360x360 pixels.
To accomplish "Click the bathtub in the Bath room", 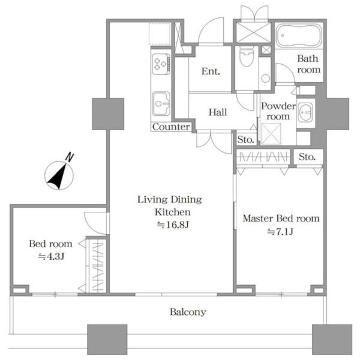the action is point(299,35).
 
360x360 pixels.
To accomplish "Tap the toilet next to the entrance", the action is point(246,56).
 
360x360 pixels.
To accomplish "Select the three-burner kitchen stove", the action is point(161,64).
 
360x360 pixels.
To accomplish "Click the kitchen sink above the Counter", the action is point(161,104).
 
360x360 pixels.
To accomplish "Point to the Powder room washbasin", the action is point(305,112).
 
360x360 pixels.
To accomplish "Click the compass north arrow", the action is point(58,176).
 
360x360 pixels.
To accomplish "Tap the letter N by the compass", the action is point(70,157).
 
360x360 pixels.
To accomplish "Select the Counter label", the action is point(171,127).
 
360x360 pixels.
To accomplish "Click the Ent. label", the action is point(211,71).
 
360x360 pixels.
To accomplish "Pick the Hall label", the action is point(218,112).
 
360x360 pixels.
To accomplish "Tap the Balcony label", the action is point(188,312).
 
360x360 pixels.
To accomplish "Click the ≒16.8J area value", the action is point(173,224).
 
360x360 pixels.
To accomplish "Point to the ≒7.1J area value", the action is point(280,232).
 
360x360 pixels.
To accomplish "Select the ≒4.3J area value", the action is point(51,256).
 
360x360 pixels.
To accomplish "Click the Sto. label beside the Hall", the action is point(245,139).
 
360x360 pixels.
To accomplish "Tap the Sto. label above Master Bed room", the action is point(307,157).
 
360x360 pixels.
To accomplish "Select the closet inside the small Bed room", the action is point(97,266).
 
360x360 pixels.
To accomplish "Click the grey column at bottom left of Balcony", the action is point(107,340).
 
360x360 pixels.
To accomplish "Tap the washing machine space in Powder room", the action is point(271,134).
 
